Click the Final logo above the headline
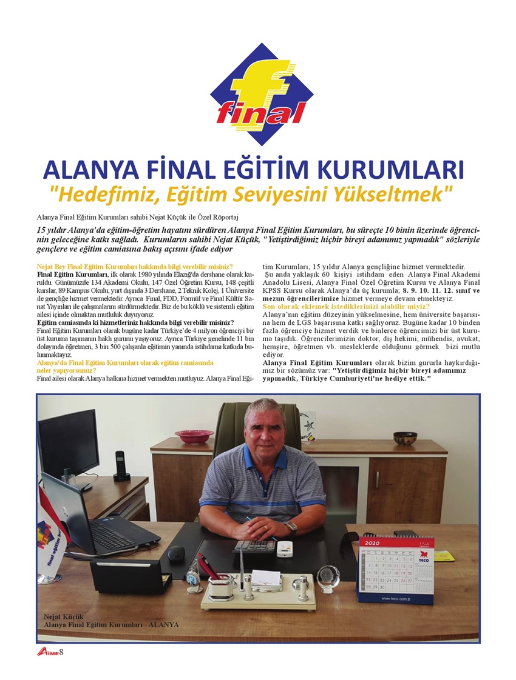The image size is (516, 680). pyautogui.click(x=262, y=95)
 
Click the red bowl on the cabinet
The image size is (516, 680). pyautogui.click(x=194, y=436)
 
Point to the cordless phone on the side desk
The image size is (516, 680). pyautogui.click(x=121, y=466)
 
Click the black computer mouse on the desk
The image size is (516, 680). pyautogui.click(x=175, y=552)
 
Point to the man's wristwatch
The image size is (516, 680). pyautogui.click(x=291, y=527)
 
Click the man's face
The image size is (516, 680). pyautogui.click(x=265, y=424)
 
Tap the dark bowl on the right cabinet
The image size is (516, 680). pyautogui.click(x=405, y=438)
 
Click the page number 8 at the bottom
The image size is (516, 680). pyautogui.click(x=61, y=652)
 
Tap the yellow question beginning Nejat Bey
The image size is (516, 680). pyautogui.click(x=135, y=267)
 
